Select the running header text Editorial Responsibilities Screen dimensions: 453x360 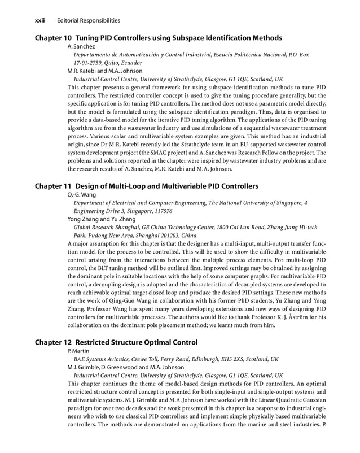point(89,21)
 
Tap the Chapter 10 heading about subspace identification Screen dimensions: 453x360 point(159,38)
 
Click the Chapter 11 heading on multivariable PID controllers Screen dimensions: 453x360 point(147,186)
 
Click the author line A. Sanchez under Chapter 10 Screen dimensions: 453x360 point(81,46)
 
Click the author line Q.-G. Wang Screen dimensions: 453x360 point(82,194)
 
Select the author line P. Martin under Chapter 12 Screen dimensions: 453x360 point(79,351)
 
